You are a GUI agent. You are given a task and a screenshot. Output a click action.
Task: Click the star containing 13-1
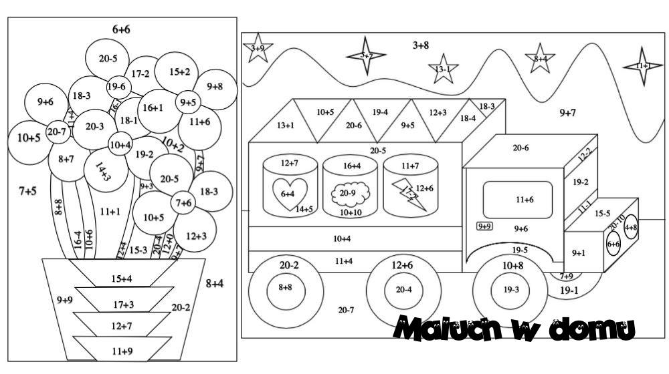(x=443, y=69)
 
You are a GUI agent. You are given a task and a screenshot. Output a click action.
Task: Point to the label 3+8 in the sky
(x=419, y=45)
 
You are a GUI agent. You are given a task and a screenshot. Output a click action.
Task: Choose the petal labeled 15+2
(x=179, y=71)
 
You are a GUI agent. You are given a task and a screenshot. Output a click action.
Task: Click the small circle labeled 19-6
(x=116, y=86)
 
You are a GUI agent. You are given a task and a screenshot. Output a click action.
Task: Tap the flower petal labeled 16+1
(x=153, y=108)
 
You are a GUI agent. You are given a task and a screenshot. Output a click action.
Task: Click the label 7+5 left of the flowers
(x=27, y=191)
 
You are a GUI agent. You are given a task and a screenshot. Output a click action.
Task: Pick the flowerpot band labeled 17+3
(x=123, y=304)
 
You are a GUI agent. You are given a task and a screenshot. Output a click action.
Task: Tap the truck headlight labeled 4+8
(x=631, y=228)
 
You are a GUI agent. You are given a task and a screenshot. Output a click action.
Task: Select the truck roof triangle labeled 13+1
(x=286, y=124)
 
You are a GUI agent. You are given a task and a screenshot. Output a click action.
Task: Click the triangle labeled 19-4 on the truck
(x=380, y=112)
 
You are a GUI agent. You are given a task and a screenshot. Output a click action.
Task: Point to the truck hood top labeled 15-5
(x=603, y=214)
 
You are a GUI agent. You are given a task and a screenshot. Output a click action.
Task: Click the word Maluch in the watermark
(x=445, y=329)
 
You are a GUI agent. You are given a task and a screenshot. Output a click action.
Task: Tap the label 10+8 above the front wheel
(x=512, y=266)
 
